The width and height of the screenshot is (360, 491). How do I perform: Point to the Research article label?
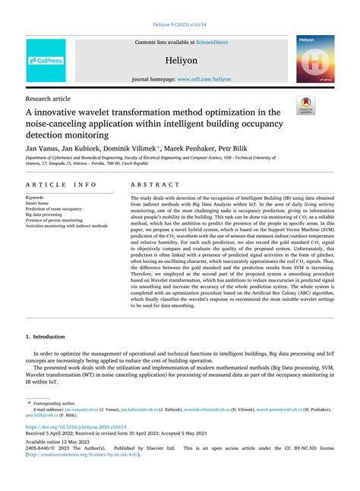tap(49, 99)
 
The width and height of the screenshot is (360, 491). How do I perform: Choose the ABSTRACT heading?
tap(156, 185)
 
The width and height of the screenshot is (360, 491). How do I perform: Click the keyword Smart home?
tap(39, 204)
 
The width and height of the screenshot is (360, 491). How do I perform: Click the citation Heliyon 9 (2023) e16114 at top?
tap(180, 25)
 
